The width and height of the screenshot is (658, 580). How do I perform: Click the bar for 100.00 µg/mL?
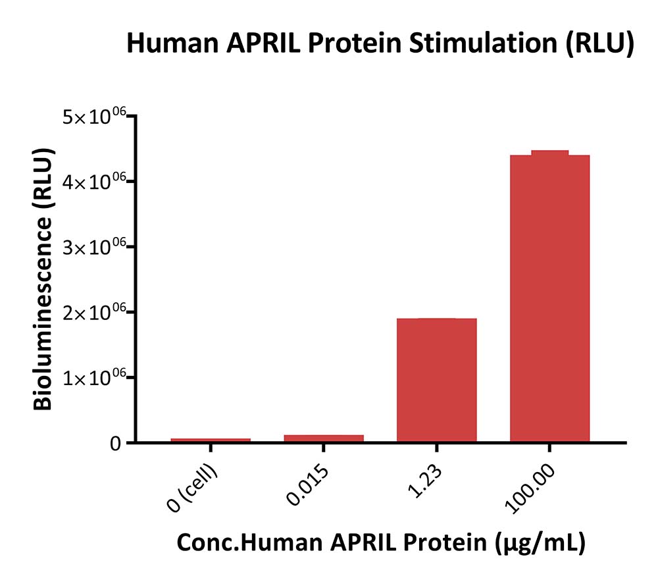(x=549, y=298)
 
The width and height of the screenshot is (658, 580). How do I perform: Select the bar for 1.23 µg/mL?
(x=436, y=380)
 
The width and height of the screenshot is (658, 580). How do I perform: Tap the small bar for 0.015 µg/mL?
(x=324, y=438)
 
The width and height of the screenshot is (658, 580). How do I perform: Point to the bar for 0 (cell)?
(x=211, y=440)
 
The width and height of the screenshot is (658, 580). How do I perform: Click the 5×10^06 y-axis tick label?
(x=94, y=117)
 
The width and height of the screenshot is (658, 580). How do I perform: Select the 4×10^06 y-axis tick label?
(x=94, y=182)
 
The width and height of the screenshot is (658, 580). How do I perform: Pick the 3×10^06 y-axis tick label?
(x=94, y=248)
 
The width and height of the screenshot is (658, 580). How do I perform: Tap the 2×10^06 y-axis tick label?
(x=94, y=313)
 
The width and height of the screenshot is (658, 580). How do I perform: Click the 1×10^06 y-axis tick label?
(x=94, y=379)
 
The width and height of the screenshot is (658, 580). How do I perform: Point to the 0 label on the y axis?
(x=115, y=444)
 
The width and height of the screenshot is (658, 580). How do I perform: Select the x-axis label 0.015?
(x=307, y=485)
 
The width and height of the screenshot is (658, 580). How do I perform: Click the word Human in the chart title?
(x=172, y=43)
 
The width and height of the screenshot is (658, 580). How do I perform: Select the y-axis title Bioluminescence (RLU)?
(x=43, y=278)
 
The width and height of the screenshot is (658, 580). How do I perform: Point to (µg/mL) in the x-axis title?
(x=540, y=542)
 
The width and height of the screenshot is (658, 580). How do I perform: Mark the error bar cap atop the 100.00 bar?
(x=549, y=151)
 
